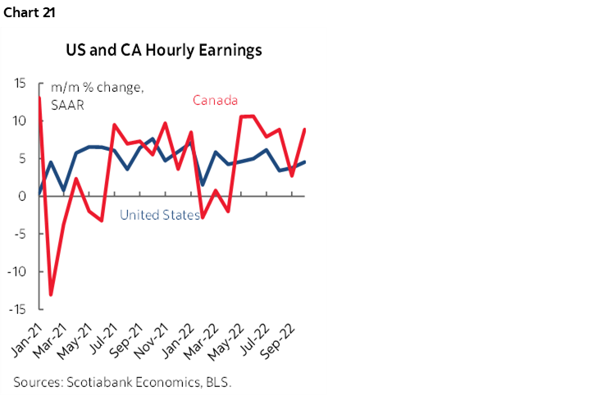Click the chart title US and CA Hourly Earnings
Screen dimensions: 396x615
[164, 50]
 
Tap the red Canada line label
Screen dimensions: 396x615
[215, 101]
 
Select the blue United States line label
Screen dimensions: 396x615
[160, 215]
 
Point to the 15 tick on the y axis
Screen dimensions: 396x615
[19, 83]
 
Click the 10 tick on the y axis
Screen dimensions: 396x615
[19, 121]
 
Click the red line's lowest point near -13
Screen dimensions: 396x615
[50, 294]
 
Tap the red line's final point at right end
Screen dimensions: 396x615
[306, 129]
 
